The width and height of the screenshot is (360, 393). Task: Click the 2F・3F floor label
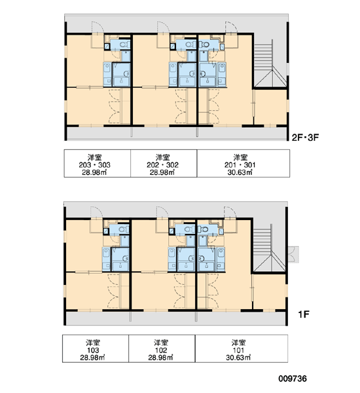305,138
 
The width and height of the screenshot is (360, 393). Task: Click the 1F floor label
304,314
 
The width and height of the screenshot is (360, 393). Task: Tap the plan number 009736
293,379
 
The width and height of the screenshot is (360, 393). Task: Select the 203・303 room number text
94,165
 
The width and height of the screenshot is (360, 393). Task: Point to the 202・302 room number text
162,165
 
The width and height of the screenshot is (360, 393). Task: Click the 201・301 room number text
240,165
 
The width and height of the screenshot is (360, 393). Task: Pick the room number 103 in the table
93,350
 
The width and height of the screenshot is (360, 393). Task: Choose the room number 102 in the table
161,350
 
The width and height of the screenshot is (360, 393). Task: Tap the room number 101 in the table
238,350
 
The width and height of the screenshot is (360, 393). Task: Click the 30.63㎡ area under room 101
238,358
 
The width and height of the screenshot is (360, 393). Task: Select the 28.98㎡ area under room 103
92,358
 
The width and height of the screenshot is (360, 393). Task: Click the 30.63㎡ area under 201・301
240,172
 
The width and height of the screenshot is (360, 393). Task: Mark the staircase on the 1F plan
268,251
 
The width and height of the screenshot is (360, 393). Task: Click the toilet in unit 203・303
124,45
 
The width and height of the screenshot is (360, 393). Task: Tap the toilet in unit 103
122,229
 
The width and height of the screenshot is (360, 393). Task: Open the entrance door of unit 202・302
163,28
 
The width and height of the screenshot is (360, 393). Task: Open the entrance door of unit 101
230,212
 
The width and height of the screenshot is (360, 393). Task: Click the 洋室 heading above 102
161,343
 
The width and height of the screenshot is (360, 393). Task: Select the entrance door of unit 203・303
98,28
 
